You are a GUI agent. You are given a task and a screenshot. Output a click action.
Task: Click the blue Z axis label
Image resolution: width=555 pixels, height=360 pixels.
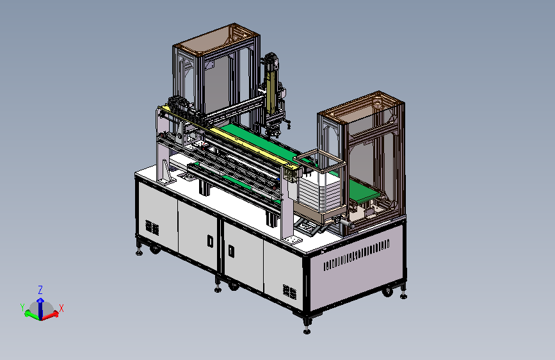[x=40, y=290]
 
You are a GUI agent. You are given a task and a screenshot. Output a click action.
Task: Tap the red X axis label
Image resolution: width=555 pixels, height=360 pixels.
[x=61, y=308]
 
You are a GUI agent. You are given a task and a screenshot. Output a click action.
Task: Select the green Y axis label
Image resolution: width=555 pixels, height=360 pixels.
[x=22, y=307]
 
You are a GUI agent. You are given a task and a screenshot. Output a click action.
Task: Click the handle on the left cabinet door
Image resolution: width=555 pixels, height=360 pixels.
[x=210, y=241]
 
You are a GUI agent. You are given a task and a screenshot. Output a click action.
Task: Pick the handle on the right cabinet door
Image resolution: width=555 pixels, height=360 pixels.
[x=231, y=251]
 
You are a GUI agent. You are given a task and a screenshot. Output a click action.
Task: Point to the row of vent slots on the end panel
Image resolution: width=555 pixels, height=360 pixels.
[x=357, y=255]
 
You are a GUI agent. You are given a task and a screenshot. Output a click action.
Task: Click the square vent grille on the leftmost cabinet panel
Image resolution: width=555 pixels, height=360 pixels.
[x=152, y=227]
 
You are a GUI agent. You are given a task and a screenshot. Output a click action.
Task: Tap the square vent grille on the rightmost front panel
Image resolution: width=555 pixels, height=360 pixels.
[x=289, y=291]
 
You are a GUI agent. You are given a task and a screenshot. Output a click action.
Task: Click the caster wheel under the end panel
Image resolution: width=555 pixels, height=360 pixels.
[x=387, y=292]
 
